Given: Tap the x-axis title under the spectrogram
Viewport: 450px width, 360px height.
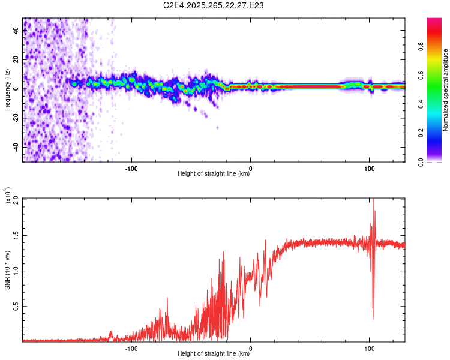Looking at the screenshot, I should pyautogui.click(x=214, y=174).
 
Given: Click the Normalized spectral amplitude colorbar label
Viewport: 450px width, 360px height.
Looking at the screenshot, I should pyautogui.click(x=446, y=90).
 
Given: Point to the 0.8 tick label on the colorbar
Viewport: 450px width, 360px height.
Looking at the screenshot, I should pyautogui.click(x=437, y=46).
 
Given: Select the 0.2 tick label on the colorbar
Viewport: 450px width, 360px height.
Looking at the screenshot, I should pyautogui.click(x=437, y=133).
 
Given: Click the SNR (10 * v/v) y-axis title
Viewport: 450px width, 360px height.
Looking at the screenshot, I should pyautogui.click(x=7, y=269).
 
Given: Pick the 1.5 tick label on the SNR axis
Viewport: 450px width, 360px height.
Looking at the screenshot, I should pyautogui.click(x=16, y=235).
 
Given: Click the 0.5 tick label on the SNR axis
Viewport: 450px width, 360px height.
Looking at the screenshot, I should pyautogui.click(x=16, y=306).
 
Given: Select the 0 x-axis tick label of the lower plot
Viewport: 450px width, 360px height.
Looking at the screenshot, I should pyautogui.click(x=251, y=347).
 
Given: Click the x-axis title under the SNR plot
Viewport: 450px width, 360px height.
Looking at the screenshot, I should pyautogui.click(x=214, y=354).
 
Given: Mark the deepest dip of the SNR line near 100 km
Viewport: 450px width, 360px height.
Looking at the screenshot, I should pyautogui.click(x=374, y=319).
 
